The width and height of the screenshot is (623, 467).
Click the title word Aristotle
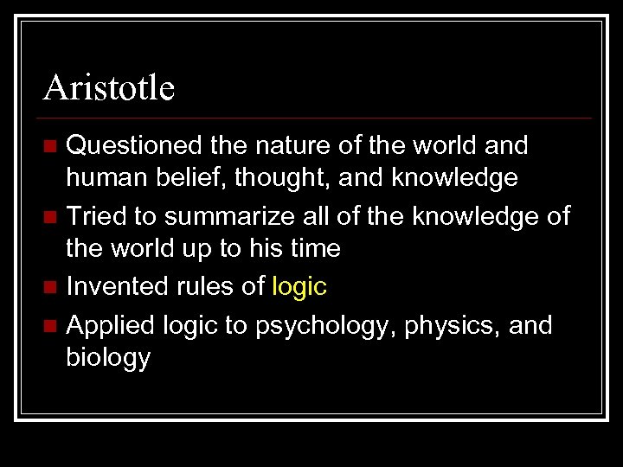[109, 87]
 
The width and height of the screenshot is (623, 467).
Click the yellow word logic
[299, 285]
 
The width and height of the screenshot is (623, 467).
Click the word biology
[108, 357]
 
